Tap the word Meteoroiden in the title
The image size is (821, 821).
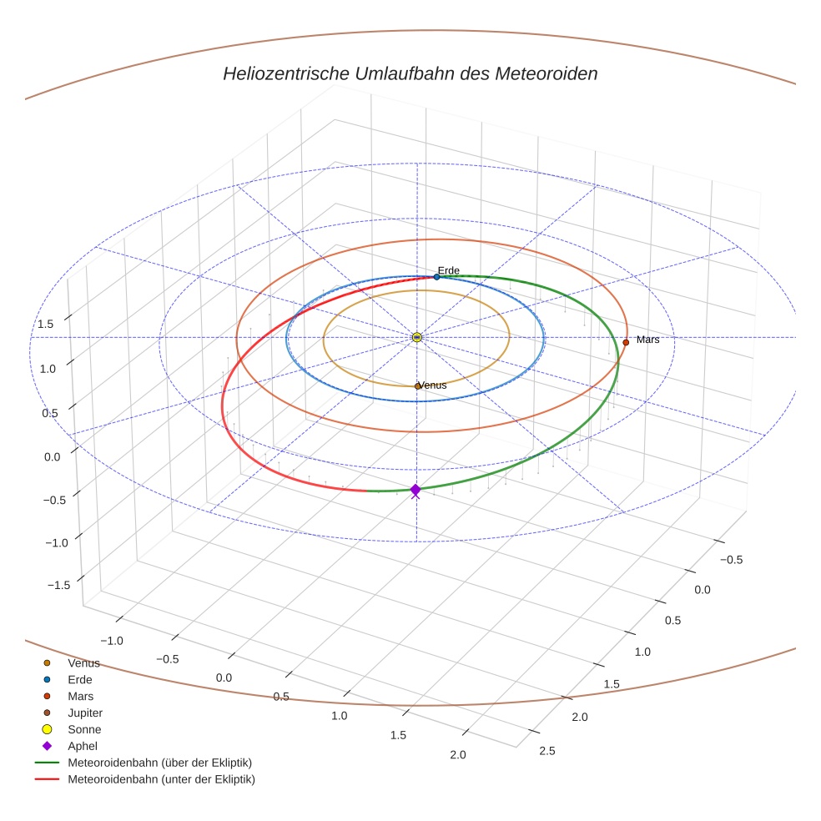pyautogui.click(x=546, y=74)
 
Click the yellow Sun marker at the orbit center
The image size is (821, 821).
pyautogui.click(x=417, y=337)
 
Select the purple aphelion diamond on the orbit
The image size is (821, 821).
pyautogui.click(x=416, y=491)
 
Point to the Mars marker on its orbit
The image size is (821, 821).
pyautogui.click(x=626, y=342)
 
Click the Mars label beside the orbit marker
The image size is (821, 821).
pyautogui.click(x=647, y=340)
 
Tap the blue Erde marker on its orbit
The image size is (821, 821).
pyautogui.click(x=436, y=277)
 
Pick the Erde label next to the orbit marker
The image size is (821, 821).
pyautogui.click(x=448, y=270)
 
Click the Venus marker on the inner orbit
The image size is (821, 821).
pyautogui.click(x=418, y=386)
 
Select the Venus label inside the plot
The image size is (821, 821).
pyautogui.click(x=433, y=385)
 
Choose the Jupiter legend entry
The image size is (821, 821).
pyautogui.click(x=85, y=713)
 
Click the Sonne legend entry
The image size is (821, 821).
pyautogui.click(x=84, y=730)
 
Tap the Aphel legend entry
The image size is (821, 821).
pyautogui.click(x=83, y=746)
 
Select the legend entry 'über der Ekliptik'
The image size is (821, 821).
pyautogui.click(x=159, y=763)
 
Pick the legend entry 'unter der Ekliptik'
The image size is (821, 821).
pyautogui.click(x=161, y=779)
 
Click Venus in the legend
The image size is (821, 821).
pyautogui.click(x=83, y=663)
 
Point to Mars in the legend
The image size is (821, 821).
pyautogui.click(x=80, y=697)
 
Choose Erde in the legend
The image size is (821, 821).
pyautogui.click(x=80, y=680)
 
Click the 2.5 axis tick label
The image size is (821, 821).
pyautogui.click(x=546, y=751)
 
